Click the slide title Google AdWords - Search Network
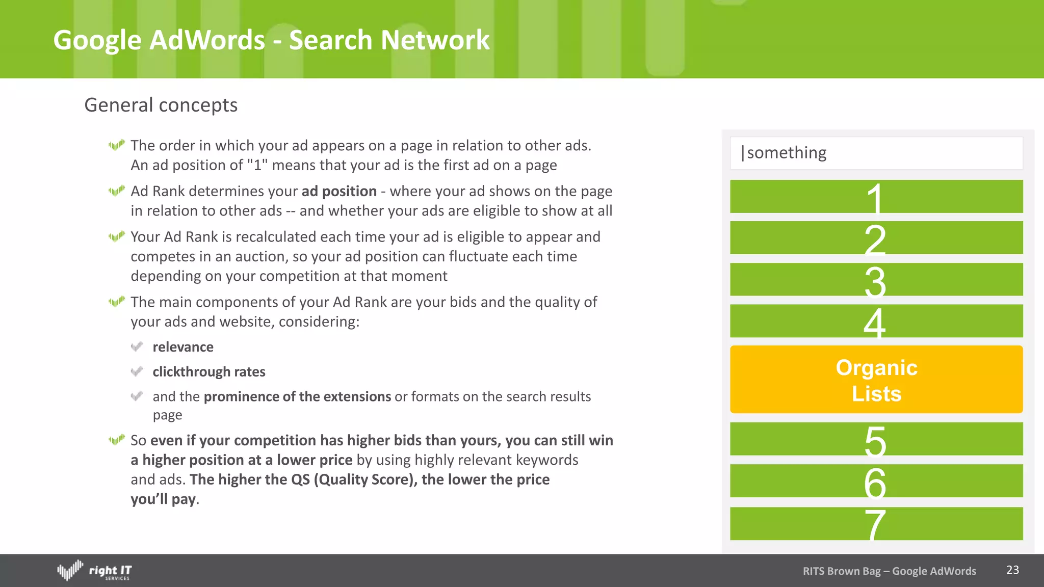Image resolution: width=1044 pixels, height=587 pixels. coord(271,40)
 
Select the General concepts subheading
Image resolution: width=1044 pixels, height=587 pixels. coord(161,105)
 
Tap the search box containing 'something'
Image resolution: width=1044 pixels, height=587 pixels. coord(876,153)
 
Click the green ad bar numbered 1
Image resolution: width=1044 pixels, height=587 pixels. coord(876,197)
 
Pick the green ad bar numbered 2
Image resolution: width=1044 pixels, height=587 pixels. coord(876,238)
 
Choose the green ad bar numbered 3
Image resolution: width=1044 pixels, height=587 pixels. coord(876,280)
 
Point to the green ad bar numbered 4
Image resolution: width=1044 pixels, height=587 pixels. coord(876,321)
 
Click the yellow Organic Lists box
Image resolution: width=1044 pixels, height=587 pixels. coord(876,380)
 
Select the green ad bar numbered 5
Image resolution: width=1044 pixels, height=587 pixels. coord(876,439)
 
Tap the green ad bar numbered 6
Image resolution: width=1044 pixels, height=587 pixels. coord(876,481)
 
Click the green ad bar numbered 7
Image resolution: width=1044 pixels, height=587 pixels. coord(876,524)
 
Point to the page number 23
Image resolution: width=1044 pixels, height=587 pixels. coord(1012,570)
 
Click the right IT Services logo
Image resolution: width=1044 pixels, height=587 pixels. coord(94,571)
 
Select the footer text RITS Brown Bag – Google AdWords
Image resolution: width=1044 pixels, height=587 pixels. coord(889,571)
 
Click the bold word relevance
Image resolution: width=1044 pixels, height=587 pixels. coord(183,347)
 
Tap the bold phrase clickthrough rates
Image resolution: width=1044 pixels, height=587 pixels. coord(209,372)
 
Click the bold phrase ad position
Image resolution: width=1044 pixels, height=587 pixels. coord(339,191)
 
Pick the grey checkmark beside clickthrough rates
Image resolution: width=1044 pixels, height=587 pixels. coord(137,371)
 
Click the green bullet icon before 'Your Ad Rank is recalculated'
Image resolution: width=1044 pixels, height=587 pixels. coord(117,237)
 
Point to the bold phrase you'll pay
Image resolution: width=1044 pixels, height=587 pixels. coord(163,499)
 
